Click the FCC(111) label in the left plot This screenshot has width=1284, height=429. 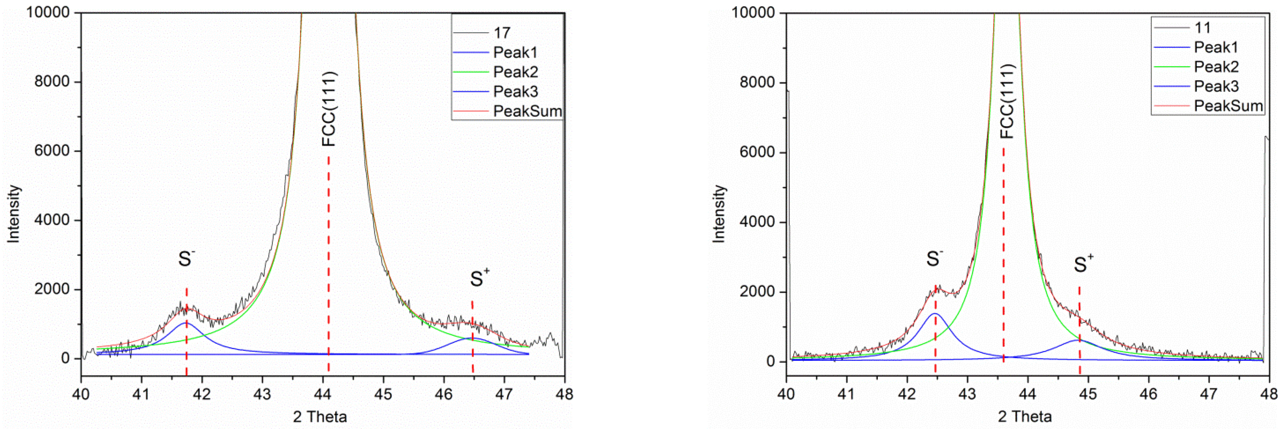(329, 109)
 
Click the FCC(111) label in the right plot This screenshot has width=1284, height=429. (1007, 101)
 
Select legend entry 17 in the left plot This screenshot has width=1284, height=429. (502, 33)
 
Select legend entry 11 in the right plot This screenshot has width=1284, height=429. (1202, 28)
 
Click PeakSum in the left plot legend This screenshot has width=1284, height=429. (527, 111)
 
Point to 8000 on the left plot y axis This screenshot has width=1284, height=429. (51, 82)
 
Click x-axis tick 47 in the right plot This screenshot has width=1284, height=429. (1209, 394)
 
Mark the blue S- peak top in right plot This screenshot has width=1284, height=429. (934, 314)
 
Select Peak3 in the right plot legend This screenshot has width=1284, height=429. (1216, 86)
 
